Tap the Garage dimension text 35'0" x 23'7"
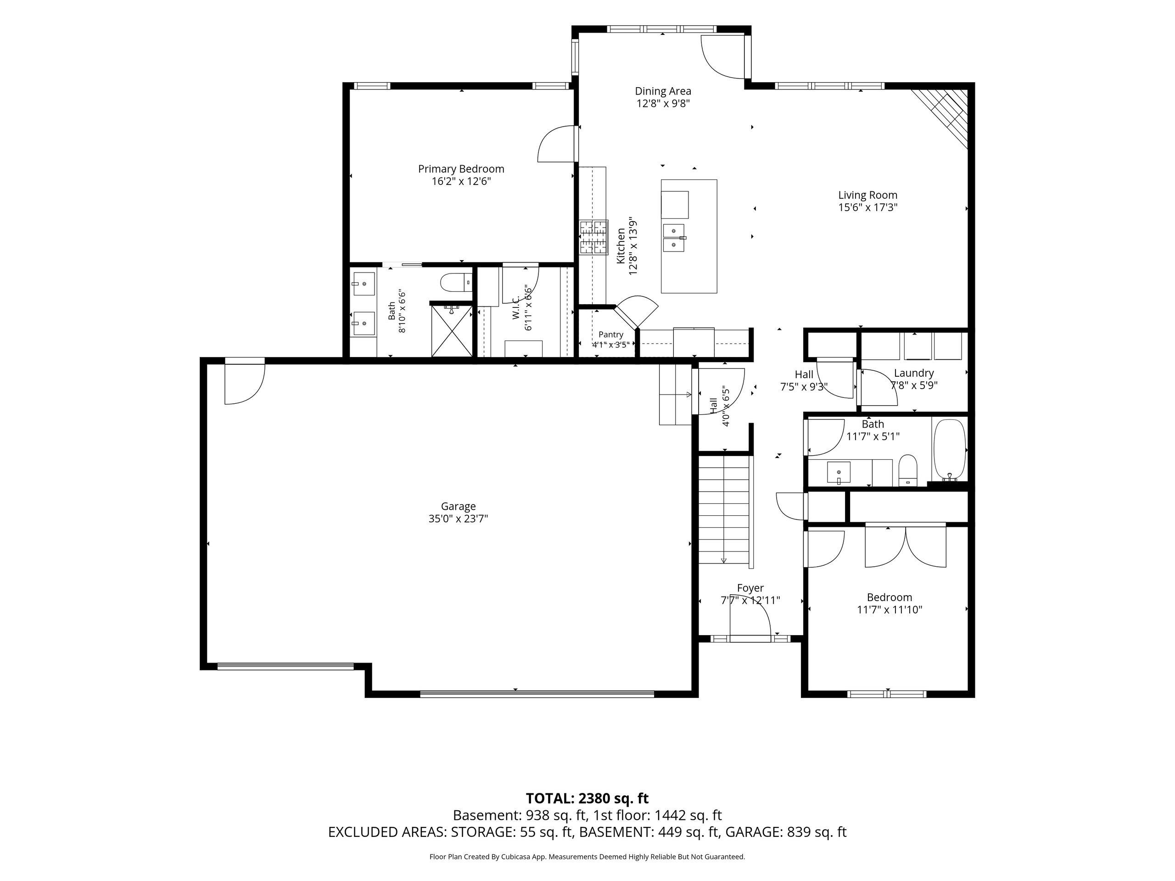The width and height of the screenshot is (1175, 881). point(458,519)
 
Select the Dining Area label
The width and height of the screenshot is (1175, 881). point(663,91)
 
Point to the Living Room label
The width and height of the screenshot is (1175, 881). point(867,195)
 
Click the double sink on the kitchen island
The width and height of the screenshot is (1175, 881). point(674,237)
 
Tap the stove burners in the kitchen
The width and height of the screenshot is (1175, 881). point(593,237)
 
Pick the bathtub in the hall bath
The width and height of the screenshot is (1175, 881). point(949,449)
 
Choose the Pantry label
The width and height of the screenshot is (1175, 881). point(610,335)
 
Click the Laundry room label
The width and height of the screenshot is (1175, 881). point(914,373)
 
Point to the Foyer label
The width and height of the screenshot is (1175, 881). point(750,588)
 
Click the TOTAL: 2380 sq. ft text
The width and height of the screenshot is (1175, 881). point(587,813)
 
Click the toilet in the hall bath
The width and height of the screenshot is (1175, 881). point(908,470)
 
